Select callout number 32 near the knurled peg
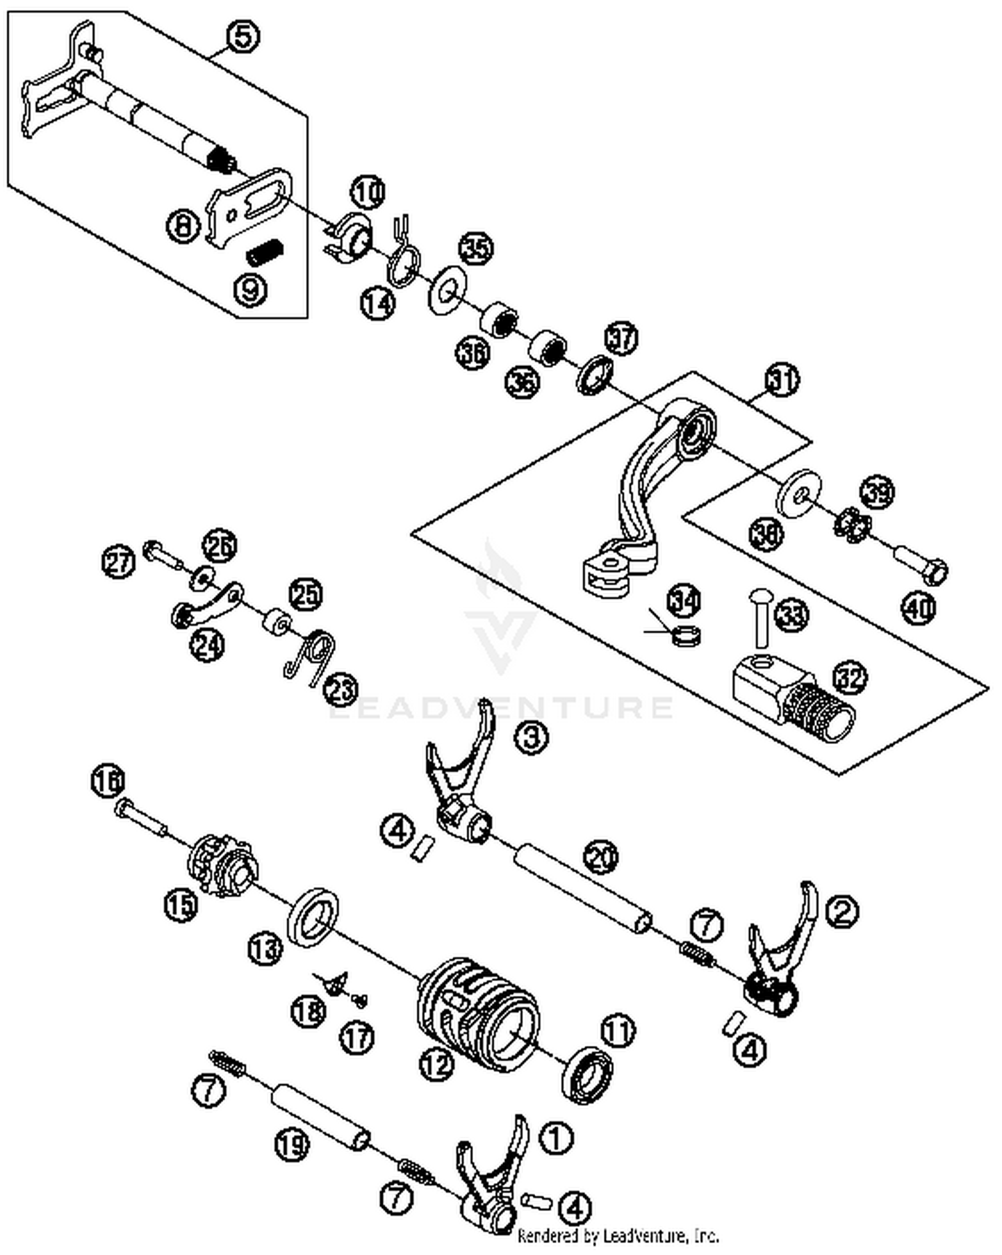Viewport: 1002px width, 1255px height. tap(850, 678)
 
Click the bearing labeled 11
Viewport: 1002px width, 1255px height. tap(587, 1074)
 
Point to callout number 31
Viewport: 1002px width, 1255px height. tap(782, 380)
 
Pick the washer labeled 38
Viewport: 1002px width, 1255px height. tap(799, 494)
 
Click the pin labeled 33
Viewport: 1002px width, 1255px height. tap(760, 618)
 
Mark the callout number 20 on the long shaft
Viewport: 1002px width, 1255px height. tap(601, 856)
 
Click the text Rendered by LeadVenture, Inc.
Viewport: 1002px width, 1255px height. tap(619, 1236)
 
